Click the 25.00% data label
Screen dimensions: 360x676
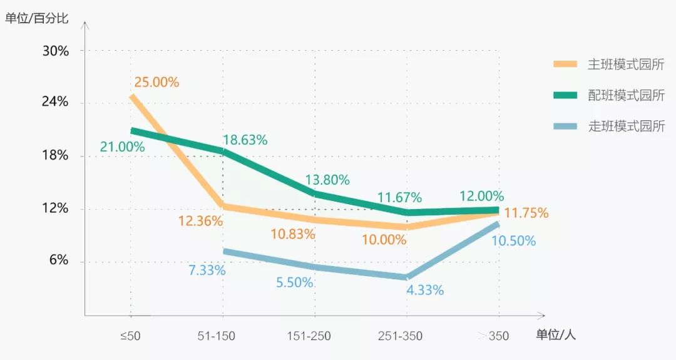tap(156, 82)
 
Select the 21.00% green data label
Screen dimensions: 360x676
tap(122, 147)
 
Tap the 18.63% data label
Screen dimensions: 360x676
tap(245, 140)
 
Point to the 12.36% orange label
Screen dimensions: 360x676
tap(200, 221)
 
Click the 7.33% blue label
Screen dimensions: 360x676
tap(207, 270)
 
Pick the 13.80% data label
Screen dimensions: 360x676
tap(327, 180)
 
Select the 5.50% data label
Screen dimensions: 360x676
tap(294, 282)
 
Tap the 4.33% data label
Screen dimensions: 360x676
tap(425, 290)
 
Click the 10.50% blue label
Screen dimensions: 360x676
tap(513, 240)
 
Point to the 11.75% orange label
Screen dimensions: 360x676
tap(526, 213)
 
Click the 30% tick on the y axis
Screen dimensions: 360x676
tap(55, 51)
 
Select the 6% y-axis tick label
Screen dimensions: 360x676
tap(59, 260)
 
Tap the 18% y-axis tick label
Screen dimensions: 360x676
tap(55, 156)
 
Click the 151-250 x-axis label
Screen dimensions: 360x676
tap(309, 336)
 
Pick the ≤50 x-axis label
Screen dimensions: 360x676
tap(130, 336)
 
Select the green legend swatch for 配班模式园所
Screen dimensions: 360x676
tap(565, 95)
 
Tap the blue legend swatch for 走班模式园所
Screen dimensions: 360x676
tap(565, 126)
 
